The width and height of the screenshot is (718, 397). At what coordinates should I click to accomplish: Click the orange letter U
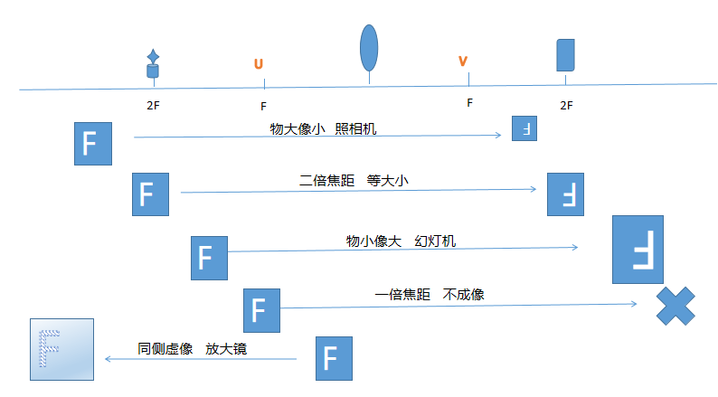[259, 64]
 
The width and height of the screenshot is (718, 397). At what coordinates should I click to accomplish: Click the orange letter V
[463, 61]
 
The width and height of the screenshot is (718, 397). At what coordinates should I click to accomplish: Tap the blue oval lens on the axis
[369, 48]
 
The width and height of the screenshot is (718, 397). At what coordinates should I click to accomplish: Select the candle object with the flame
[153, 64]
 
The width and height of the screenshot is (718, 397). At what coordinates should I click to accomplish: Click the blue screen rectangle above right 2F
[565, 54]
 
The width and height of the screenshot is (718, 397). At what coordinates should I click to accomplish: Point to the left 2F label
[153, 105]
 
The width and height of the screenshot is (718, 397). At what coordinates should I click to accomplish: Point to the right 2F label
[566, 105]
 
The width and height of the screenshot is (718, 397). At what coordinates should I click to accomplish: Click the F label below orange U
[263, 105]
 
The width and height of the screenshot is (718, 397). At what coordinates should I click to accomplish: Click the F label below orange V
[469, 102]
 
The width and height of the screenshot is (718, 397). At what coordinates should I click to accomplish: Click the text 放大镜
[227, 348]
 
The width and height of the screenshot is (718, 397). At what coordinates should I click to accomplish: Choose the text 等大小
[388, 180]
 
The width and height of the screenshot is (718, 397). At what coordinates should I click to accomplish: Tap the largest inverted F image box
[638, 248]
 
